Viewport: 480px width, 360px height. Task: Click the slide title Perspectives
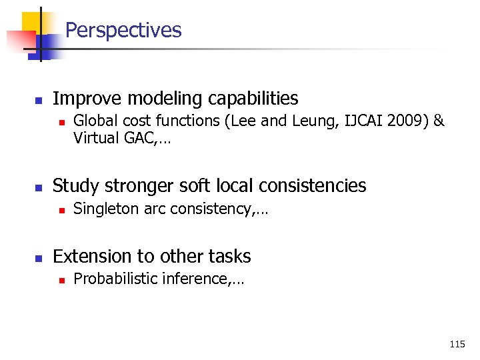[x=123, y=31]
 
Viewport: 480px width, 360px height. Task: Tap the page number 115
[x=457, y=345]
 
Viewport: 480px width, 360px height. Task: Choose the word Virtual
[x=93, y=139]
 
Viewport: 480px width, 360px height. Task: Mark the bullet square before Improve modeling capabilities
[x=38, y=101]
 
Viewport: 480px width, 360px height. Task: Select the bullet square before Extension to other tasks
[x=38, y=258]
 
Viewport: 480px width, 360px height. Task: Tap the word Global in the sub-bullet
[x=91, y=121]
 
